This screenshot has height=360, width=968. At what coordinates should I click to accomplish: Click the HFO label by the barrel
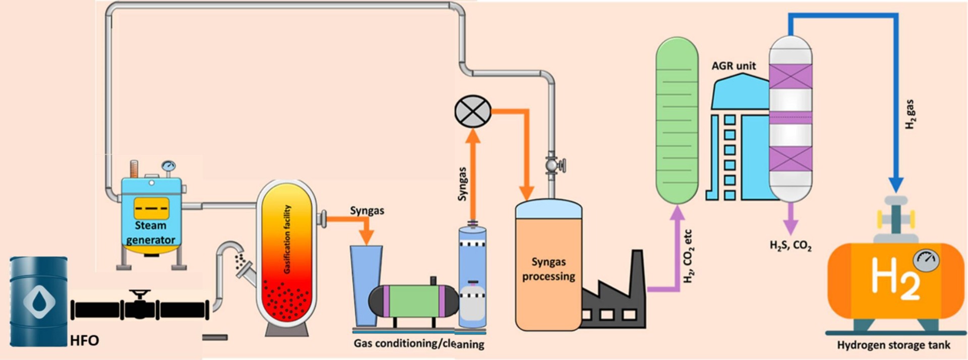[x=84, y=341]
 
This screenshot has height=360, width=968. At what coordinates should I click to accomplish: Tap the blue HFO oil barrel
[x=39, y=302]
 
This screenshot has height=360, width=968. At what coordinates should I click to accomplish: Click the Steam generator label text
[x=150, y=232]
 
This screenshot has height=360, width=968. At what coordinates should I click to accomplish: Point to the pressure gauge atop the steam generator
[x=168, y=166]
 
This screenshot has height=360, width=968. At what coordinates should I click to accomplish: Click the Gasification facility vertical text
[x=287, y=239]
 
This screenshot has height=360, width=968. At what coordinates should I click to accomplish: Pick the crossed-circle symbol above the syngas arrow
[x=473, y=111]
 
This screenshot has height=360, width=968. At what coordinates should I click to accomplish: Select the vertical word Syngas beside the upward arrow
[x=462, y=184]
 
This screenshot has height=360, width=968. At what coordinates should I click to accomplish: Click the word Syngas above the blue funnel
[x=367, y=210]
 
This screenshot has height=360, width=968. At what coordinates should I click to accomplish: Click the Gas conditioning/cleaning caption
[x=418, y=344]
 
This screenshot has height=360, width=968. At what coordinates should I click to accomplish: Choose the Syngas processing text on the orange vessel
[x=549, y=269]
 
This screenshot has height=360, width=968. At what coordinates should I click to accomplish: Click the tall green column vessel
[x=677, y=121]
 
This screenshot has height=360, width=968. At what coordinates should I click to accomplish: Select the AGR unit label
[x=734, y=66]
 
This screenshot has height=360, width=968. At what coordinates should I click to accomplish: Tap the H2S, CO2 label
[x=790, y=246]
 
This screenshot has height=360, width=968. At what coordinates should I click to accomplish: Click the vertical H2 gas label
[x=910, y=114]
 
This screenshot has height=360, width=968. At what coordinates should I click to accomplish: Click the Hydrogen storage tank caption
[x=893, y=345]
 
